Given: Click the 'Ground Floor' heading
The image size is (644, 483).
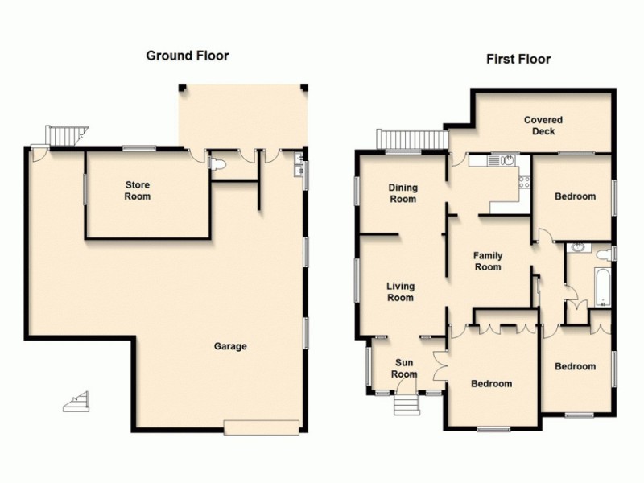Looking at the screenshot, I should coord(187,56).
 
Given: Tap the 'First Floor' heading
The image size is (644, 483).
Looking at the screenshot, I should coord(518,59).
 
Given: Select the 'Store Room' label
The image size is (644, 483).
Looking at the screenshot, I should coord(137,191).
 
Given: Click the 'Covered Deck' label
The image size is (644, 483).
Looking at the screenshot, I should coord(543,126).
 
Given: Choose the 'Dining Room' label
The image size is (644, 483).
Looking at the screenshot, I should coord(402,193).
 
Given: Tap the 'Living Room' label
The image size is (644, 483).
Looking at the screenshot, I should coord(400,291).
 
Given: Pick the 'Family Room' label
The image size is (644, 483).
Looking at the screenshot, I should coord(487,261).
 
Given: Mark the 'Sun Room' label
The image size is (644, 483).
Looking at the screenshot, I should coord(404,368).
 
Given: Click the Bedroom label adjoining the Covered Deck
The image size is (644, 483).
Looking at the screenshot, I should coord(575,196).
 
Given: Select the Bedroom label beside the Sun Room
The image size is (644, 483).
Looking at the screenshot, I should coord(491,384).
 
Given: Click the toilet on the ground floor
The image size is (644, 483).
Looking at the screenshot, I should coord(216,163).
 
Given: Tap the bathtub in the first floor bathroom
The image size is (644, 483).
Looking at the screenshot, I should coord(601,289).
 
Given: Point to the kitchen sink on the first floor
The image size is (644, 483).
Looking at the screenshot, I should coord(508,160).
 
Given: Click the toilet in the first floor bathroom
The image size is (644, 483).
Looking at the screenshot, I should coord(604,254).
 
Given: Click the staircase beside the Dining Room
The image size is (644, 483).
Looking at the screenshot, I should coord(411,140).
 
